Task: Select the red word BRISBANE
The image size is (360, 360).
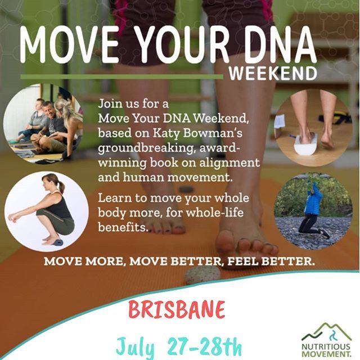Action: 176,309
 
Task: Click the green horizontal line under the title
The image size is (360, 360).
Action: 121,76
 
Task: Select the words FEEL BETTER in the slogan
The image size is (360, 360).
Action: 270,262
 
